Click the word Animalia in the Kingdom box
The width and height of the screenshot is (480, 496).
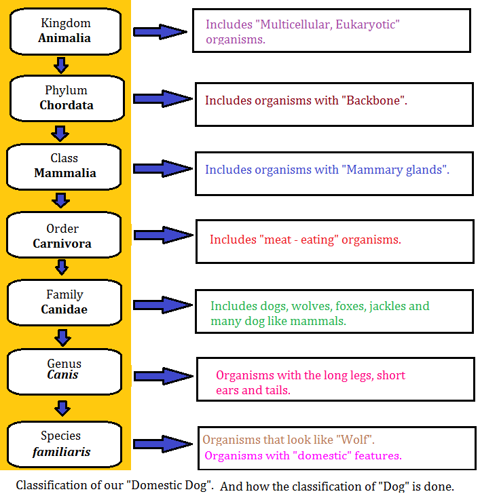coord(64,38)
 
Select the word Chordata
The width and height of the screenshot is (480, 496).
coord(66,105)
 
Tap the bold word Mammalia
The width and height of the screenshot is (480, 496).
coord(65,173)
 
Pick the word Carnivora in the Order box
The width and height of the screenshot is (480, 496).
coord(62,244)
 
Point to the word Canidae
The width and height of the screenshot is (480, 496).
coord(64,309)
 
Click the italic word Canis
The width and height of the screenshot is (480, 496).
coord(63,375)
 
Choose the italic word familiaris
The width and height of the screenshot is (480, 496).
coord(61,451)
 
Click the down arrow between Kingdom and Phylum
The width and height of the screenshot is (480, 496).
coord(61,65)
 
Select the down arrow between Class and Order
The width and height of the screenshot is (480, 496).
coord(61,199)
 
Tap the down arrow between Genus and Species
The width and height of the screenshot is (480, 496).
coord(62,408)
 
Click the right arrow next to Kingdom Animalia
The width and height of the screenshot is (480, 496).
coord(160,31)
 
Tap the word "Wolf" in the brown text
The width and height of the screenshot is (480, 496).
coord(354,440)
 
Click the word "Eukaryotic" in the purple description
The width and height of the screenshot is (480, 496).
coord(365,25)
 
